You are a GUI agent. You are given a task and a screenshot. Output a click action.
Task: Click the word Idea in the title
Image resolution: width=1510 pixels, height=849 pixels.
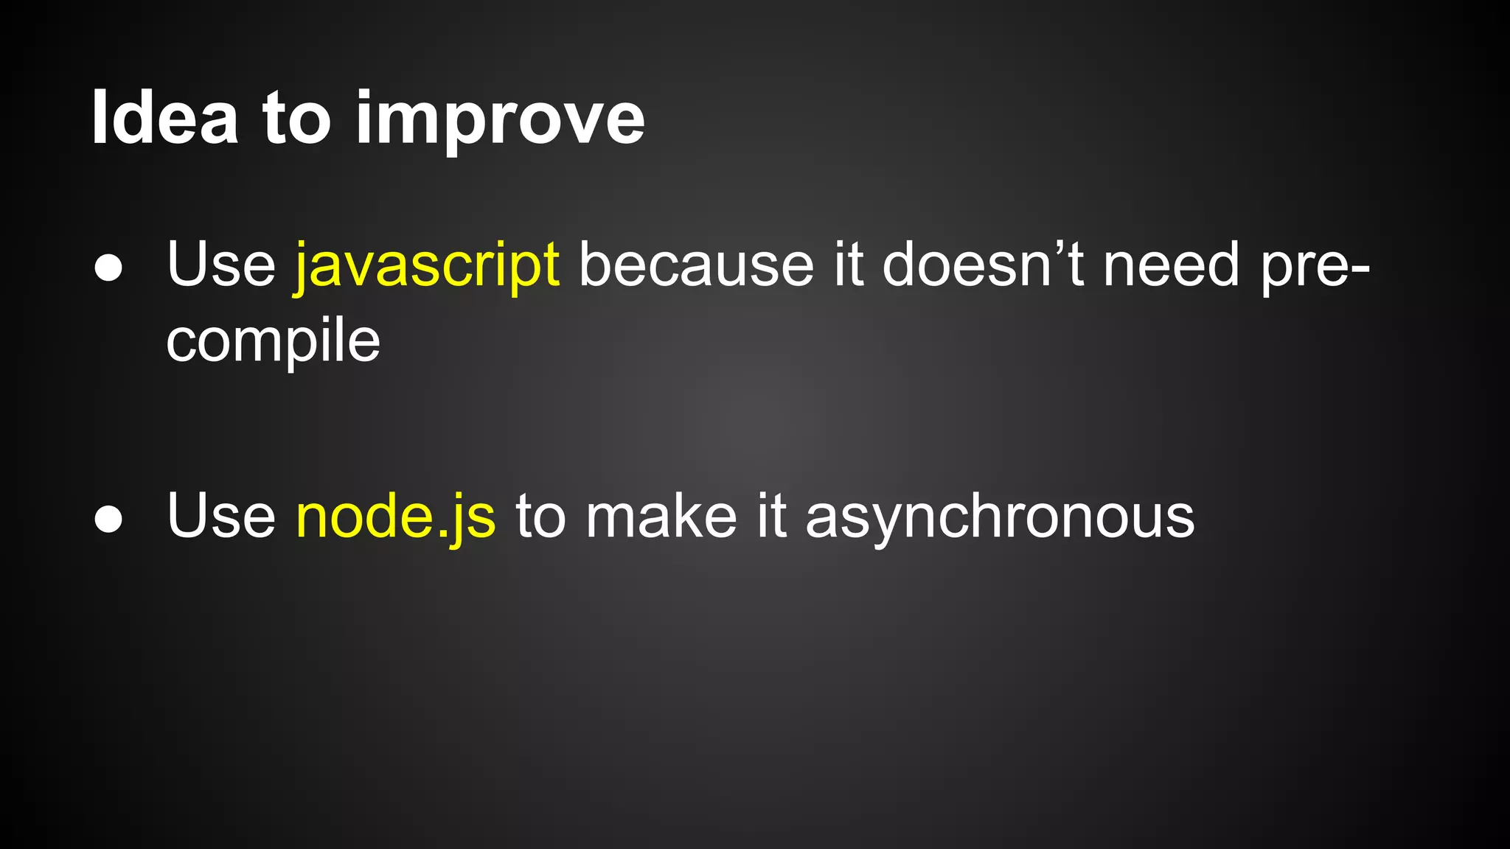pyautogui.click(x=164, y=118)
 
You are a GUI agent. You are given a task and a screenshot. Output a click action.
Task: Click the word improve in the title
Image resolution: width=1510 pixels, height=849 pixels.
pyautogui.click(x=500, y=122)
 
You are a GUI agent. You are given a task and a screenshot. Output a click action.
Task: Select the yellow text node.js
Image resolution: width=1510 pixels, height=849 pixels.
pyautogui.click(x=396, y=517)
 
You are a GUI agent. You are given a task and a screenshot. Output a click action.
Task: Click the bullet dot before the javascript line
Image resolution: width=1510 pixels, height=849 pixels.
pyautogui.click(x=108, y=268)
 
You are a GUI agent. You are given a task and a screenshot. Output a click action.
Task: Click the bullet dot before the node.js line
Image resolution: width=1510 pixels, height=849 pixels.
pyautogui.click(x=108, y=519)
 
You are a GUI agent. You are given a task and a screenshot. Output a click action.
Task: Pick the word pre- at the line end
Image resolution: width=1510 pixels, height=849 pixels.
pyautogui.click(x=1315, y=267)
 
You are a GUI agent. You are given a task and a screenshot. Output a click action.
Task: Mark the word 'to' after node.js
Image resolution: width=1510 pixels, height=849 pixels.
pyautogui.click(x=540, y=517)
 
